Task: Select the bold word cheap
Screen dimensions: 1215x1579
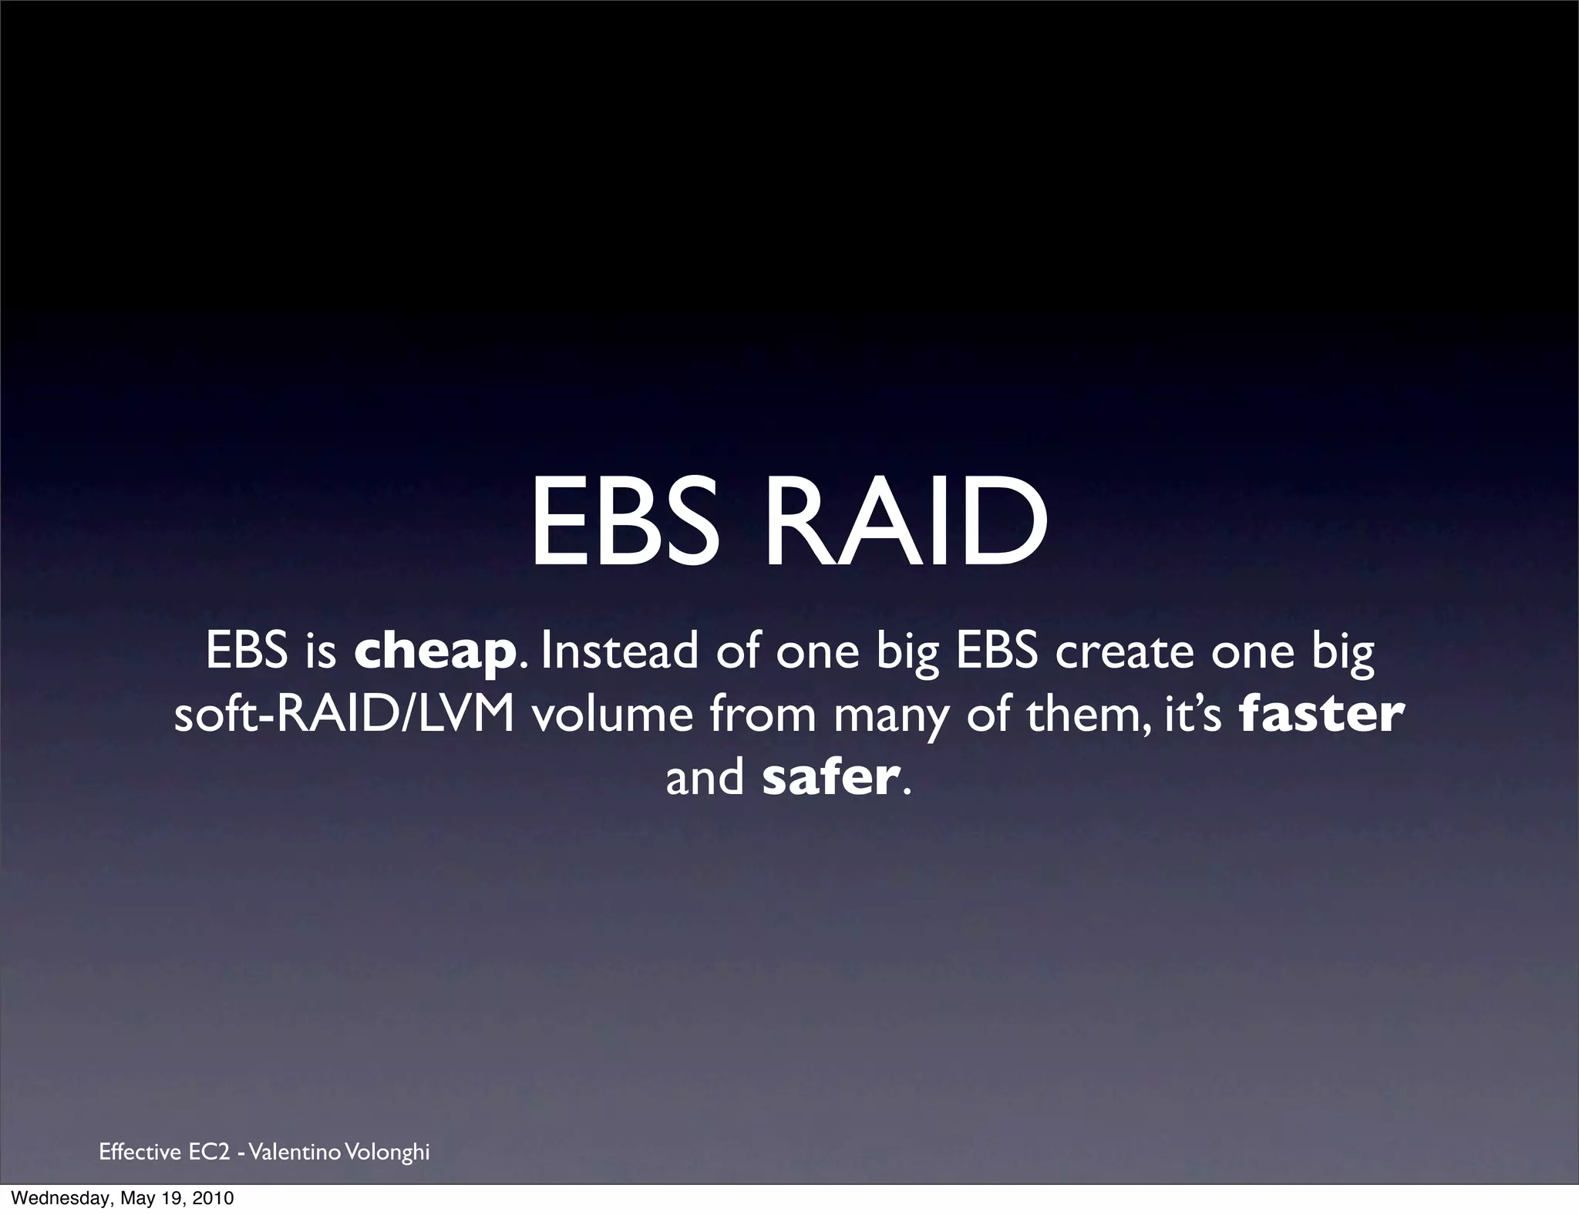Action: [x=435, y=652]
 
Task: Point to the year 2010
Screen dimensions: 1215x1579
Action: [x=214, y=1199]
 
